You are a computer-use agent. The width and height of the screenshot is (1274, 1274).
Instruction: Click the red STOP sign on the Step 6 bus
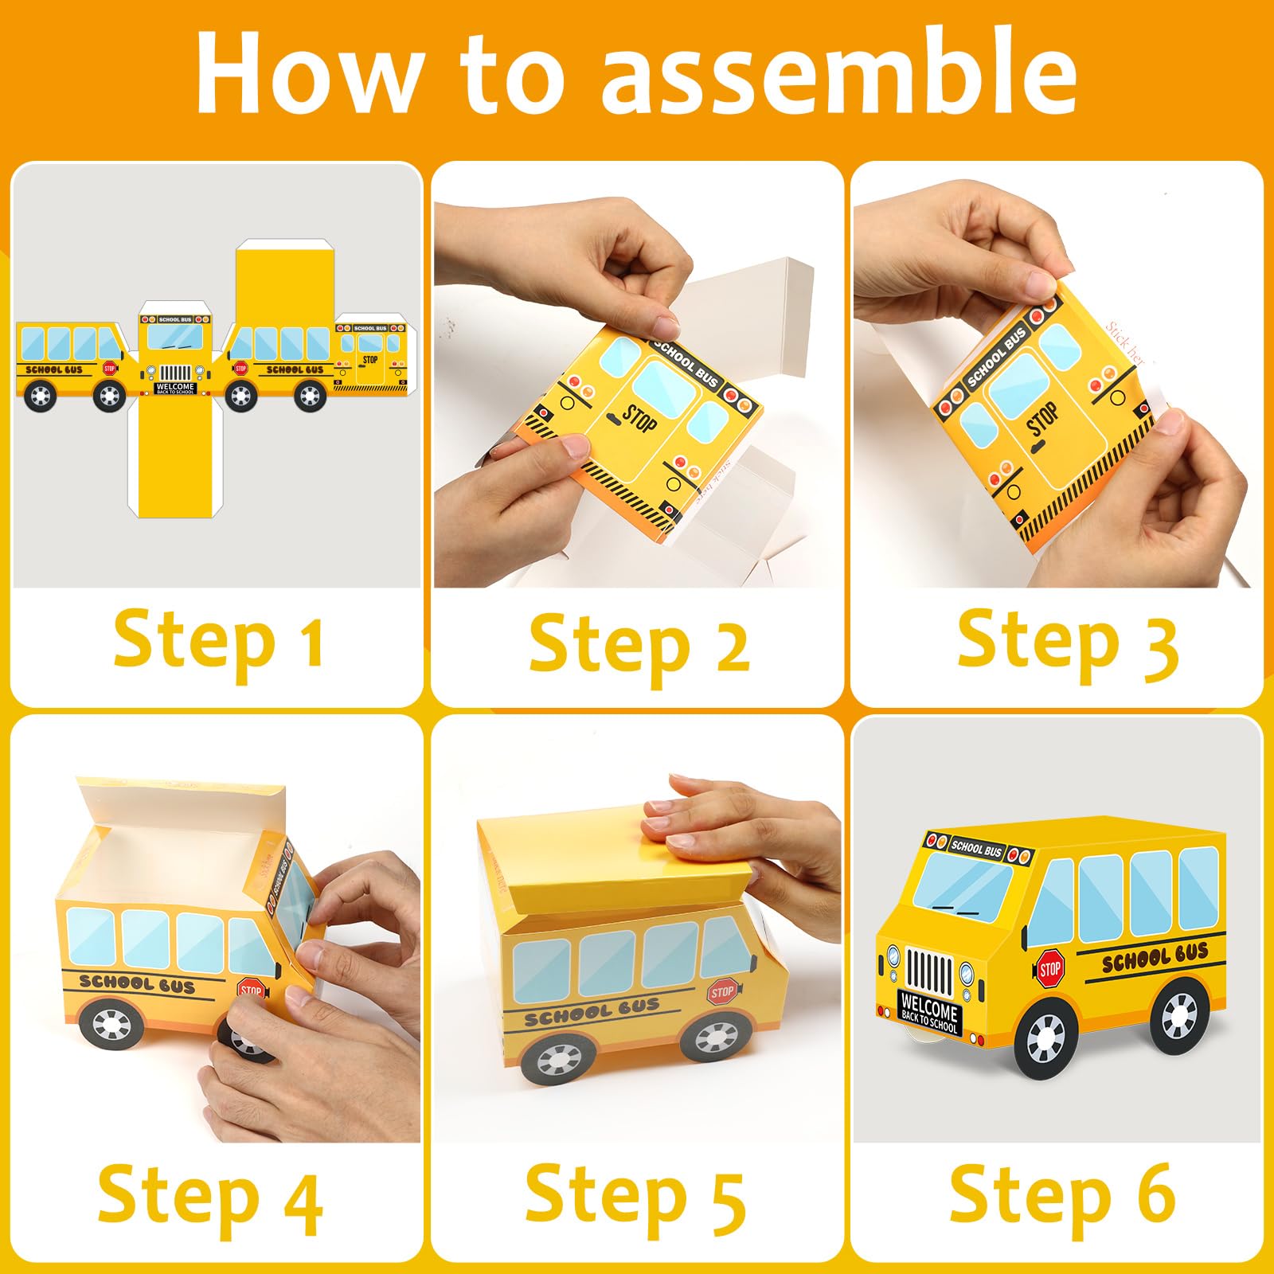(1050, 969)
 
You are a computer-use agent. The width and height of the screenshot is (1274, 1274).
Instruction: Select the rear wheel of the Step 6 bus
(1179, 1016)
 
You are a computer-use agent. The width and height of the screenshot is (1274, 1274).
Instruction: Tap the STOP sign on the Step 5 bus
(723, 992)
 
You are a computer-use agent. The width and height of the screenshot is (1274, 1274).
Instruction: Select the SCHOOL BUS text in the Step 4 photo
(137, 984)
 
